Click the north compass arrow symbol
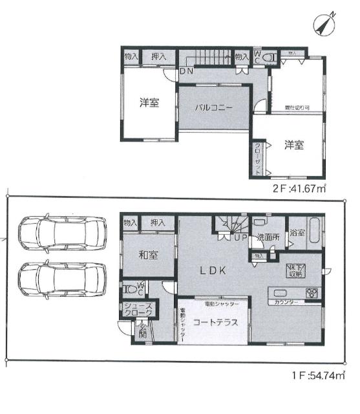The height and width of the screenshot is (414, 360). [x=323, y=25]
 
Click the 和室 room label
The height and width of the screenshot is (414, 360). [x=148, y=254]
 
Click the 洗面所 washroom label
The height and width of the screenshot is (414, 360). [x=267, y=237]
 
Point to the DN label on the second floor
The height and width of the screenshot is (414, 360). [x=186, y=71]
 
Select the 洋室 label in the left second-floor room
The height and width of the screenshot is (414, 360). [x=149, y=103]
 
